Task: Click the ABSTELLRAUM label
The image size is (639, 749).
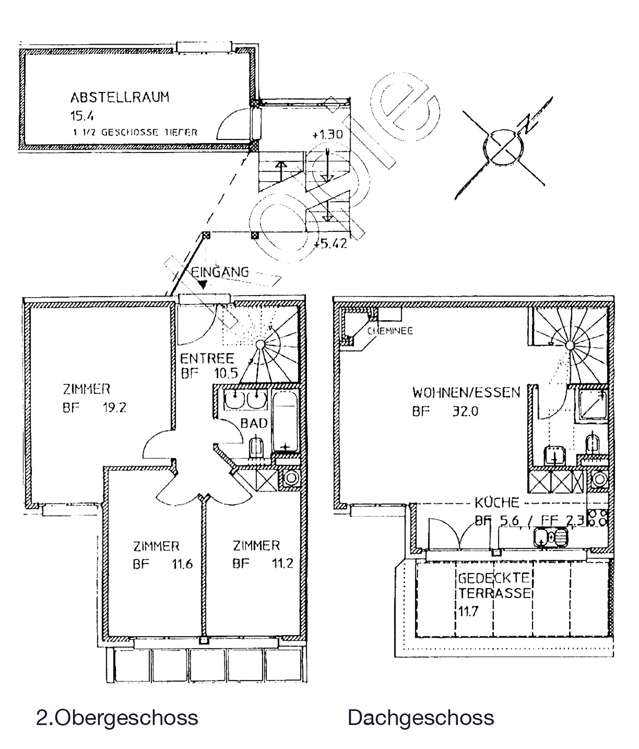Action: tap(120, 98)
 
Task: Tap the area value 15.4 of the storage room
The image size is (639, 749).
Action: tap(82, 116)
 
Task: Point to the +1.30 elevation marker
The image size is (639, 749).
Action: tap(327, 135)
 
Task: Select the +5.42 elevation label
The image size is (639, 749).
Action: tap(331, 244)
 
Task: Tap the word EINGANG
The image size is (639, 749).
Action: tap(220, 272)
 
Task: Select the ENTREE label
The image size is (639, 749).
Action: tap(207, 358)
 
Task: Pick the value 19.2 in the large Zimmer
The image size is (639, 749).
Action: tap(114, 408)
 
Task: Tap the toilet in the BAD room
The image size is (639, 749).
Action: tap(256, 447)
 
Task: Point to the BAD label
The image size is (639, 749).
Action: tap(254, 423)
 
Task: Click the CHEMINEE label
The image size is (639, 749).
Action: tap(390, 331)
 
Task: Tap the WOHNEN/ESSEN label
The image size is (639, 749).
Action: tap(466, 392)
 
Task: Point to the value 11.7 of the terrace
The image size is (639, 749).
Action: tap(468, 612)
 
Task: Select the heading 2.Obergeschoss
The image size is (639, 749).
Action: tap(117, 717)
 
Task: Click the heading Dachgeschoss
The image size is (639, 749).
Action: tap(420, 717)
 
